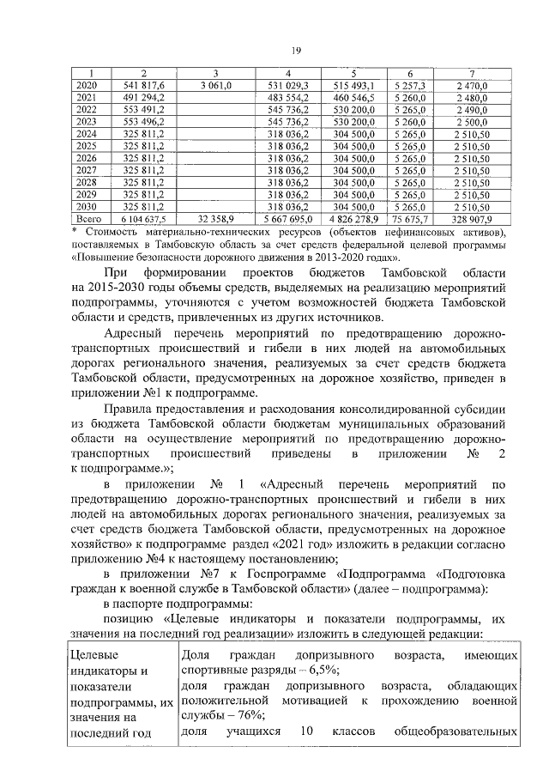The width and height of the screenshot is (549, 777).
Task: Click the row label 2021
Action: tap(87, 98)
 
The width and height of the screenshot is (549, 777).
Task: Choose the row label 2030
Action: tap(87, 206)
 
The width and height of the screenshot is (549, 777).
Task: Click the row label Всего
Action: tap(87, 219)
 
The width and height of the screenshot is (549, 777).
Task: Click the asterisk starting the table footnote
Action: tap(75, 232)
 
